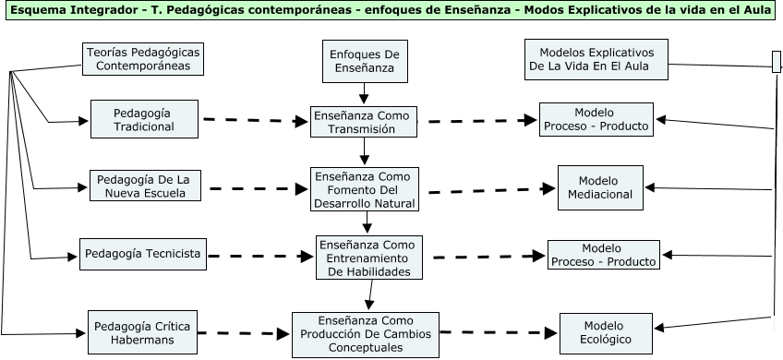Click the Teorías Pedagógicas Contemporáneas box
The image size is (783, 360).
[x=142, y=59]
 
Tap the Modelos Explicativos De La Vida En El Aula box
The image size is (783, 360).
[x=596, y=59]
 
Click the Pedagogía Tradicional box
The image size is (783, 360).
[x=144, y=118]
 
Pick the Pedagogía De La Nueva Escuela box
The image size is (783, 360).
[x=144, y=186]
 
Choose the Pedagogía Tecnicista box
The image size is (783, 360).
[x=141, y=254]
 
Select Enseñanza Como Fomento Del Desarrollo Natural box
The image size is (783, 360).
[x=364, y=189]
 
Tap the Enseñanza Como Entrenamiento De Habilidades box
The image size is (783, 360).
[x=369, y=258]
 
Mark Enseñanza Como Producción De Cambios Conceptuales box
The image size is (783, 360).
[x=365, y=333]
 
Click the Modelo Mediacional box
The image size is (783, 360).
[x=598, y=187]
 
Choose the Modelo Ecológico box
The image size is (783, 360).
[x=598, y=332]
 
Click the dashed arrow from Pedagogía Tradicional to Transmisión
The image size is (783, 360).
[x=256, y=120]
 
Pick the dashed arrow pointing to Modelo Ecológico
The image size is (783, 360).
[x=499, y=332]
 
